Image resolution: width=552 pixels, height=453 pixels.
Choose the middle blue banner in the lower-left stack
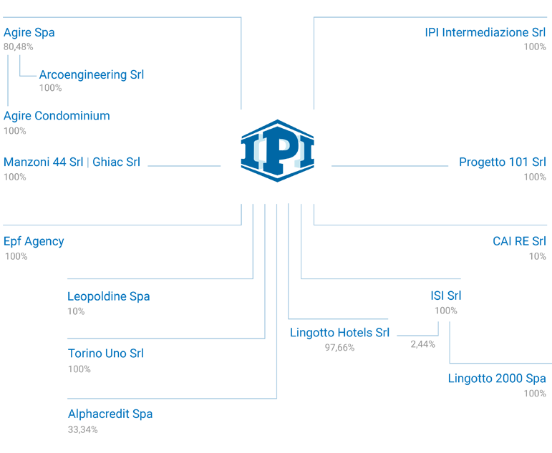[100, 351]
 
